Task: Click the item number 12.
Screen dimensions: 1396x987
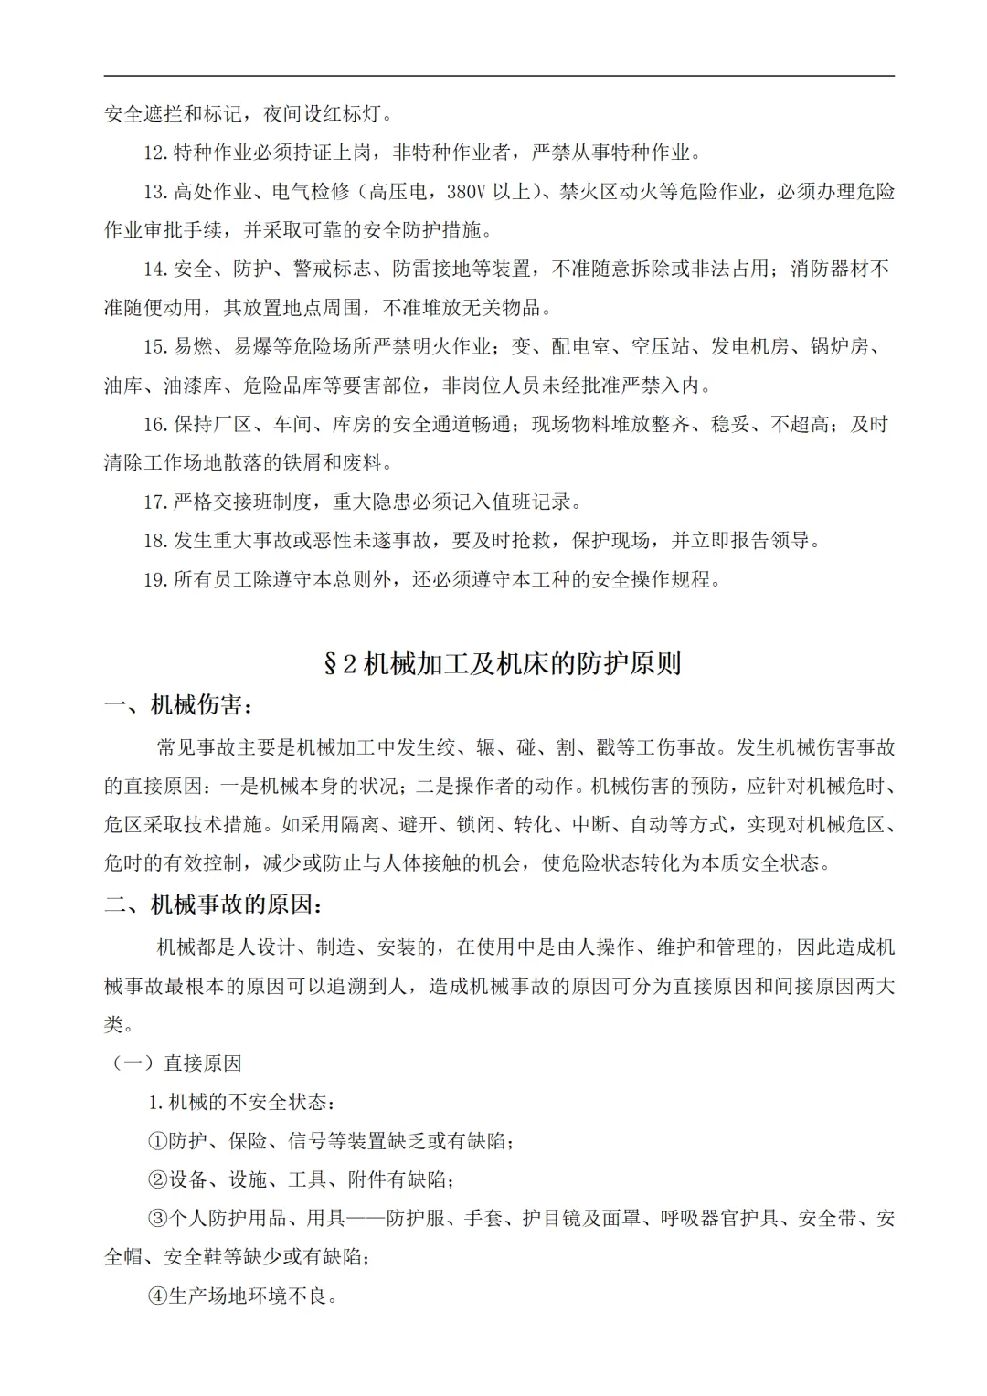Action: tap(155, 153)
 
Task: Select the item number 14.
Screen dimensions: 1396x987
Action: tap(155, 270)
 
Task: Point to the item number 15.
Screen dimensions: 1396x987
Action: tap(155, 347)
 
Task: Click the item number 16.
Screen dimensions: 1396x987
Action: tap(155, 425)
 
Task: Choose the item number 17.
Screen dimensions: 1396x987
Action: tap(155, 502)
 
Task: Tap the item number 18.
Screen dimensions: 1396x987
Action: tap(155, 541)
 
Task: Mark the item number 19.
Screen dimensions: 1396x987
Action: tap(155, 580)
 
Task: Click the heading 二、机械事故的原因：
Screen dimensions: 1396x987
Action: tap(214, 904)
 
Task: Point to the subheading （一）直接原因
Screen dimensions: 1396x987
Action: tap(176, 1063)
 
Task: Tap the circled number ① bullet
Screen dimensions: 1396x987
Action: tap(157, 1141)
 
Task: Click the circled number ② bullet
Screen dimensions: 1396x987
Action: tap(157, 1180)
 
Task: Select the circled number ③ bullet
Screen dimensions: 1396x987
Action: tap(157, 1219)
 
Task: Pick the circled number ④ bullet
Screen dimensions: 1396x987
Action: tap(157, 1296)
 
